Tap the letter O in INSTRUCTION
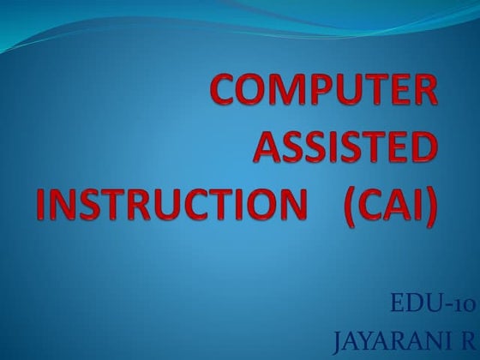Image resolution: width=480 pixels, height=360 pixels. click(262, 207)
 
